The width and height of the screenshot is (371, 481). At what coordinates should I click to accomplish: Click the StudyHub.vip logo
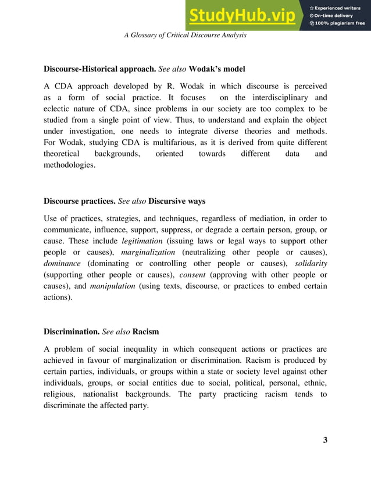[242, 16]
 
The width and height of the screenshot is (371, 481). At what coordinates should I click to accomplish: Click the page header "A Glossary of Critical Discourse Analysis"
[185, 35]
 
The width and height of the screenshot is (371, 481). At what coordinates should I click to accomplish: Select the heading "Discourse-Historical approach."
[100, 69]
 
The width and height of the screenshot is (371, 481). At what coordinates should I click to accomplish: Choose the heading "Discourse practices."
[80, 201]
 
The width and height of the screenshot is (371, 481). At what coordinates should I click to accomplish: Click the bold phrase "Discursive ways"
[177, 201]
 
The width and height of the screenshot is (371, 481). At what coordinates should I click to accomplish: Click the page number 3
[325, 440]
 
